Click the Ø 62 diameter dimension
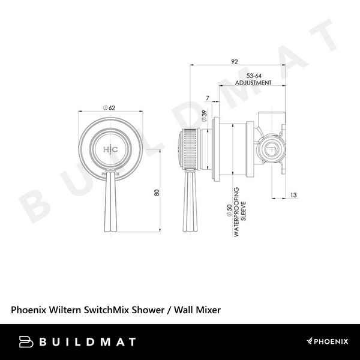coord(109,107)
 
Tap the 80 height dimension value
coord(157,193)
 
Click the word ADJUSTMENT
coord(253,82)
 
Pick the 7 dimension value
coord(207,97)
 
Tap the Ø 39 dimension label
coord(204,114)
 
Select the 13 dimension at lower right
coord(292,194)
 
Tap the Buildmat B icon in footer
coord(26,342)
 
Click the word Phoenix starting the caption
coord(28,310)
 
